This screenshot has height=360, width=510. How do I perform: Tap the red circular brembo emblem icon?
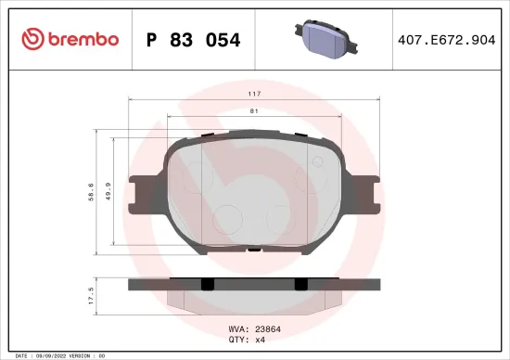pyautogui.click(x=32, y=39)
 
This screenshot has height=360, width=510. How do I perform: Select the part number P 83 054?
pyautogui.click(x=194, y=40)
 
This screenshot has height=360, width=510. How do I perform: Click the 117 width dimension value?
pyautogui.click(x=254, y=95)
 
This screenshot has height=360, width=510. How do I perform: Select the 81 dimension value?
pyautogui.click(x=254, y=111)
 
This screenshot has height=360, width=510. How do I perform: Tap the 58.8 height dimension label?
pyautogui.click(x=90, y=192)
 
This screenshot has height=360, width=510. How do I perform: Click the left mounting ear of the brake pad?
pyautogui.click(x=140, y=193)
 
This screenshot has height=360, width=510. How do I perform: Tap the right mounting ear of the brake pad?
pyautogui.click(x=368, y=193)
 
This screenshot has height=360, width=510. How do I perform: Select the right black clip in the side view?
pyautogui.click(x=300, y=284)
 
